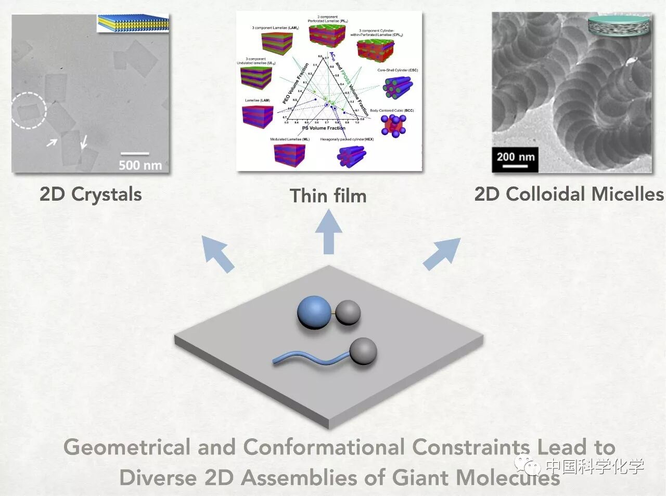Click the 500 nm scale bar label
coord(140,165)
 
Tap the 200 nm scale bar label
coord(515,156)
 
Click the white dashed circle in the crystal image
coord(29,110)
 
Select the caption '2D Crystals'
coord(91,194)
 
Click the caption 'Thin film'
coord(328,196)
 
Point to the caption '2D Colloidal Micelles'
coord(569,194)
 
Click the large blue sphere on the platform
coord(314,312)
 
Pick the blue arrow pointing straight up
coord(328,231)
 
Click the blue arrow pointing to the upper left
coord(218,253)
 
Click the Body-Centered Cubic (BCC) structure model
coord(394,125)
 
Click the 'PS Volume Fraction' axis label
coord(323,128)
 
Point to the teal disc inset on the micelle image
coord(619,26)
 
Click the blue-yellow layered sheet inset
coord(134,22)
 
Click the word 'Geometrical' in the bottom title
coord(127,448)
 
